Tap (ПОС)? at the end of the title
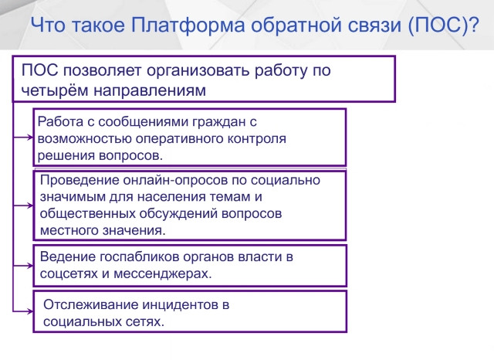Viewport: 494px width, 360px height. (x=444, y=25)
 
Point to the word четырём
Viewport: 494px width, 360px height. (x=55, y=90)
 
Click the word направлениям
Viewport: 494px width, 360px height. (x=150, y=91)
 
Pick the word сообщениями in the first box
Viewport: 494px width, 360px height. (x=139, y=122)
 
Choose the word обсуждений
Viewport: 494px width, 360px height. (x=178, y=214)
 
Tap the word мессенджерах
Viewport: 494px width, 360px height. (x=163, y=274)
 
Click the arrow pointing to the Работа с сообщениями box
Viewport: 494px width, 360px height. (x=23, y=138)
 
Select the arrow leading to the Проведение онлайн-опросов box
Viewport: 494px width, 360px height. (x=23, y=205)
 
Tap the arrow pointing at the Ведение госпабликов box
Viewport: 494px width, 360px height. (x=23, y=266)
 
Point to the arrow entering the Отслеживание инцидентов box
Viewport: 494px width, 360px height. (x=23, y=311)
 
